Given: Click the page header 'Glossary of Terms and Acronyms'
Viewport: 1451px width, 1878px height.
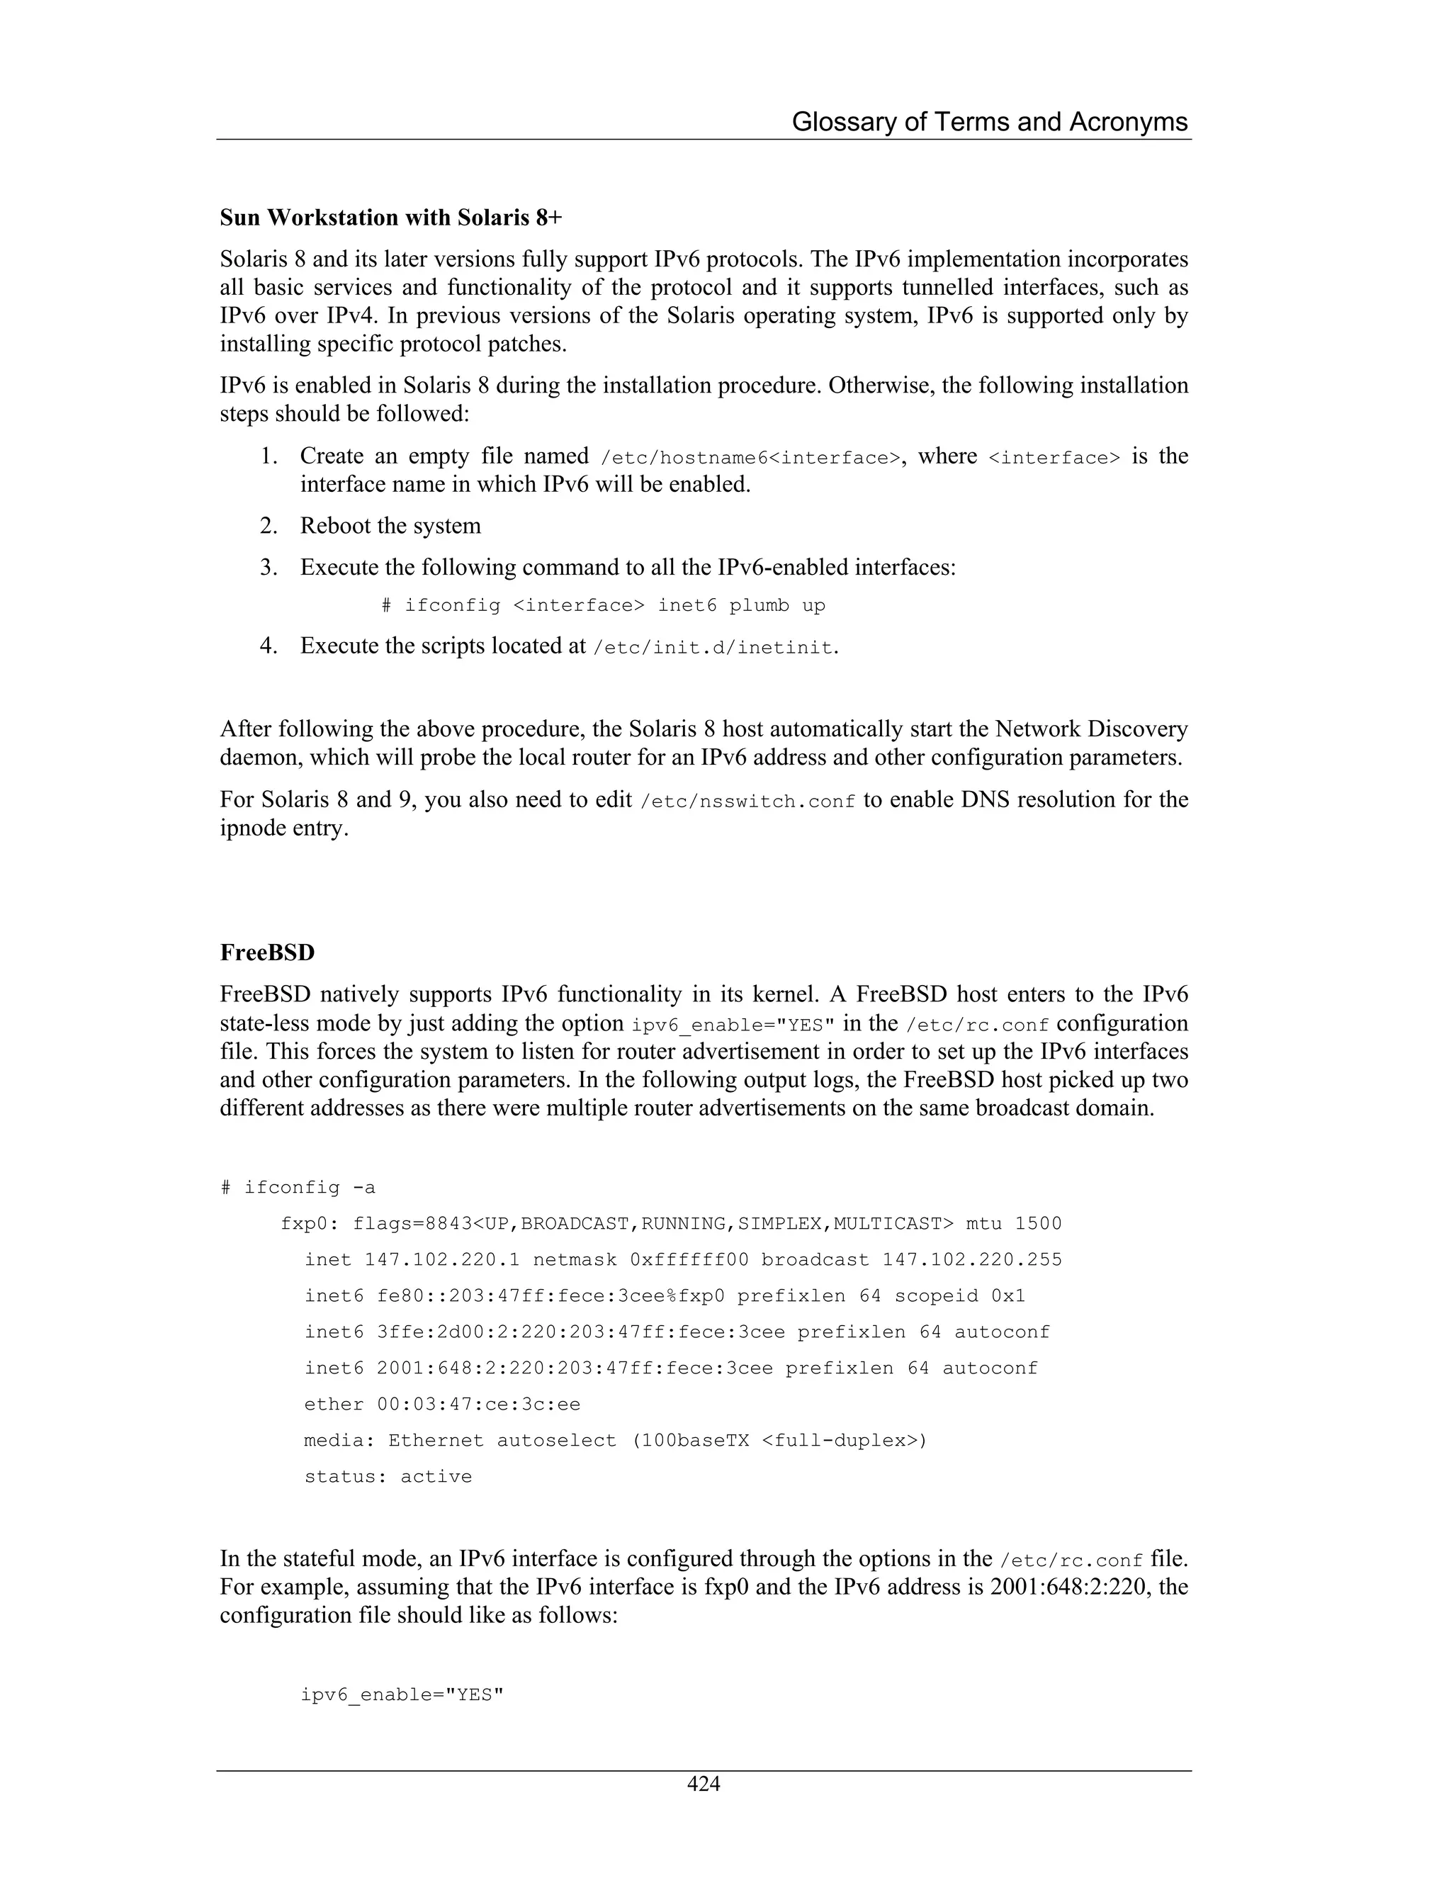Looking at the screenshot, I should click(x=988, y=122).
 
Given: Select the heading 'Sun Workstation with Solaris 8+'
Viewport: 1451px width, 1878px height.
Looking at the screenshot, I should click(x=391, y=218).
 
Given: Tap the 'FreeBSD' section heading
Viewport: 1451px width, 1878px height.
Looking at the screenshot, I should click(x=267, y=952).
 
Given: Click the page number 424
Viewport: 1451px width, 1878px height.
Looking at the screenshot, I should click(x=703, y=1784).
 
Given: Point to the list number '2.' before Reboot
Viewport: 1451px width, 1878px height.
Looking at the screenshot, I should click(x=269, y=527).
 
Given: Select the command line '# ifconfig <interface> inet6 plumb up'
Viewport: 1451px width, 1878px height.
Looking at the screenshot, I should click(x=604, y=605).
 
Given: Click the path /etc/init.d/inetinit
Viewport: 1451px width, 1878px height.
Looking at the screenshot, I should click(x=713, y=648).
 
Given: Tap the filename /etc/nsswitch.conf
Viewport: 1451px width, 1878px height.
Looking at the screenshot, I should click(x=748, y=802).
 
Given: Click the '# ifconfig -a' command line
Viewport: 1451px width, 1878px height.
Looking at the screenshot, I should click(x=298, y=1188).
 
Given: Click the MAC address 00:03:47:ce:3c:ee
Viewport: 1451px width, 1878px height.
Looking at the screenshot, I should click(x=478, y=1404).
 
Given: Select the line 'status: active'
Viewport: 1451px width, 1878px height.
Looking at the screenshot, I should click(x=388, y=1476).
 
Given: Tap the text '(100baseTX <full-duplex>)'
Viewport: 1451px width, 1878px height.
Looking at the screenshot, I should click(x=779, y=1440).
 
